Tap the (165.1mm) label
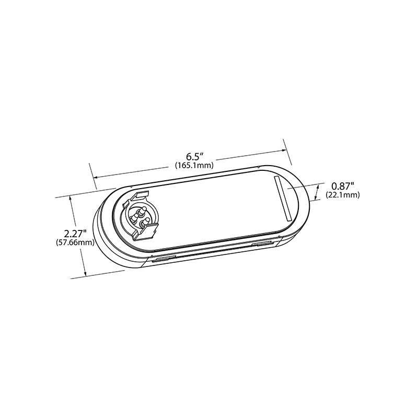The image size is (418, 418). pos(194,166)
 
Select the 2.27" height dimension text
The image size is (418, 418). pos(75,233)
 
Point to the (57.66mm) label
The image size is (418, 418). pos(75,243)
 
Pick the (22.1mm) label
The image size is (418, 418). pos(343,195)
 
